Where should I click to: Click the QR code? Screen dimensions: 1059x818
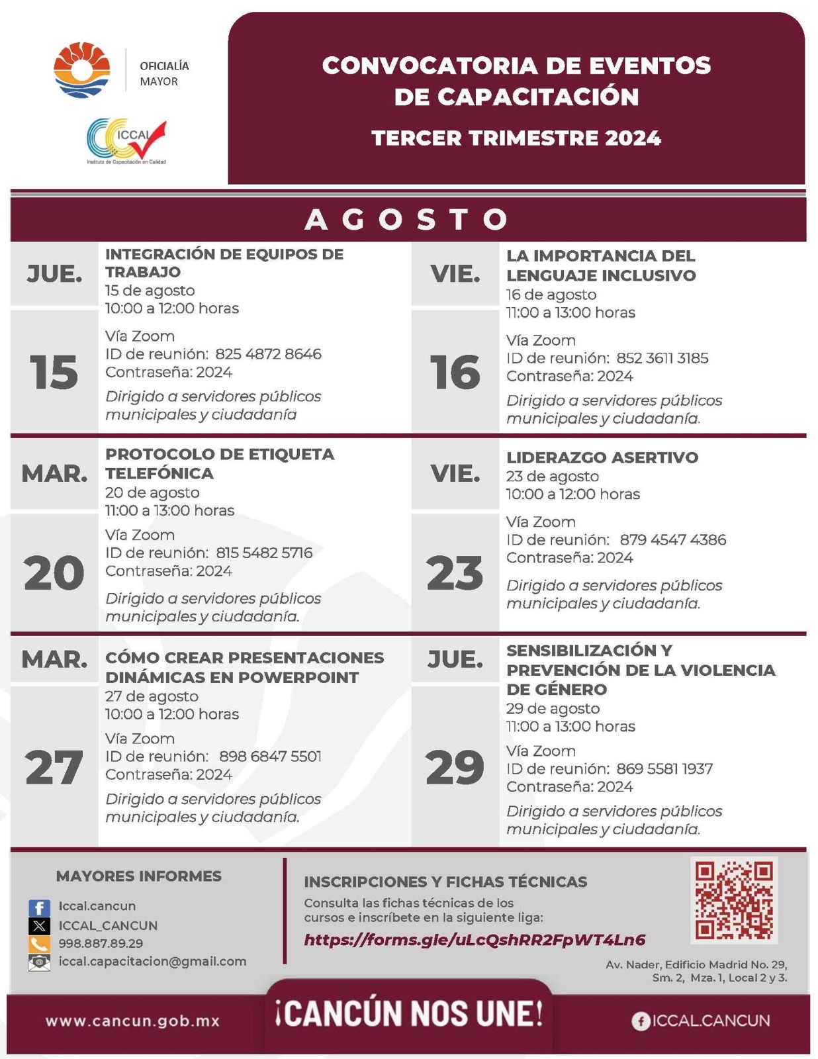pyautogui.click(x=733, y=899)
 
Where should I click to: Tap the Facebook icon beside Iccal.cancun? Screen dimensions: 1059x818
pyautogui.click(x=39, y=907)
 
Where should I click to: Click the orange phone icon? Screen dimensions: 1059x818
pyautogui.click(x=39, y=944)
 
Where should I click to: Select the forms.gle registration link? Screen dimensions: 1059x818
pyautogui.click(x=475, y=940)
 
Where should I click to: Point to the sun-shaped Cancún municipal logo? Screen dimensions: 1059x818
pyautogui.click(x=82, y=69)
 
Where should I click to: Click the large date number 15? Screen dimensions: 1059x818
pyautogui.click(x=54, y=372)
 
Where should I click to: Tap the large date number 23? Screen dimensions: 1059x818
pyautogui.click(x=455, y=573)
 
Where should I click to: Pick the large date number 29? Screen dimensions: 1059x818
pyautogui.click(x=455, y=768)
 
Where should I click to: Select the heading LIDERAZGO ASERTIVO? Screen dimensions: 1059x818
pyautogui.click(x=602, y=457)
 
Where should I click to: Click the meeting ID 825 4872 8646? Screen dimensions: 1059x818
pyautogui.click(x=268, y=354)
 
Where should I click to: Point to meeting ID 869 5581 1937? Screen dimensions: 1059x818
pyautogui.click(x=664, y=769)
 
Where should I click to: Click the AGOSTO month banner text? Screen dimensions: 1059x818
pyautogui.click(x=407, y=220)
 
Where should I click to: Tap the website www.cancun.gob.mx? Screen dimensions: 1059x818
pyautogui.click(x=132, y=1021)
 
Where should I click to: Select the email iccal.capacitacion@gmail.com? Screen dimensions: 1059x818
pyautogui.click(x=152, y=962)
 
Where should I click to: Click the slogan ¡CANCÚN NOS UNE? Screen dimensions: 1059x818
pyautogui.click(x=409, y=1014)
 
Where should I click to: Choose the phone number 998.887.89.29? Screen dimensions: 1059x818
pyautogui.click(x=101, y=944)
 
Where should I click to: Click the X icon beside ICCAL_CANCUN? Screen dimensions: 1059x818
pyautogui.click(x=39, y=926)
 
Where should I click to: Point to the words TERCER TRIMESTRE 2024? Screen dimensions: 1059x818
pyautogui.click(x=516, y=138)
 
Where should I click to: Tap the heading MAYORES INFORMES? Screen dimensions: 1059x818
pyautogui.click(x=139, y=876)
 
